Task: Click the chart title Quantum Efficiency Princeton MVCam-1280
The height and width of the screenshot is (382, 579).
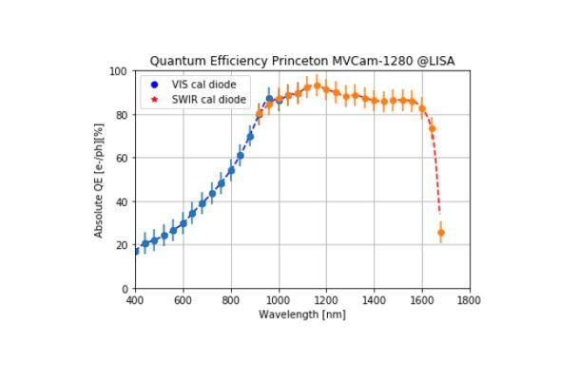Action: coord(301,61)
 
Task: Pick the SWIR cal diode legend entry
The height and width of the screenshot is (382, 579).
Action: coord(208,99)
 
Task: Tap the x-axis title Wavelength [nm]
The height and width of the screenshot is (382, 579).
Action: coord(301,314)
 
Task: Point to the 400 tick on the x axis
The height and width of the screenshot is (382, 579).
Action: coord(135,300)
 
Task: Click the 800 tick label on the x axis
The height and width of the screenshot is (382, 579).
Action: coord(230,300)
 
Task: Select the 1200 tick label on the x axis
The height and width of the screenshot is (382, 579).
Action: coord(325,300)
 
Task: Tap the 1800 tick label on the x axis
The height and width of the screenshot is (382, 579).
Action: coord(468,300)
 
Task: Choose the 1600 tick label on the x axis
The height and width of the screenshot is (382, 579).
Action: coord(420,300)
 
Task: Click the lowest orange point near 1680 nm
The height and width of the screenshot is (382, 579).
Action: coord(440,233)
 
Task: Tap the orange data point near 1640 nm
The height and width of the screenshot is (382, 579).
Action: coord(432,128)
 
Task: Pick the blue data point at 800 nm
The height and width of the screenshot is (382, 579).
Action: coord(231,171)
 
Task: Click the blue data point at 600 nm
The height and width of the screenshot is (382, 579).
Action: coord(183,224)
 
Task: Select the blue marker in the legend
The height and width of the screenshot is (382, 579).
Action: coord(154,85)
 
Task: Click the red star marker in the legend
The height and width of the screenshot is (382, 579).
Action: coord(154,99)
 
